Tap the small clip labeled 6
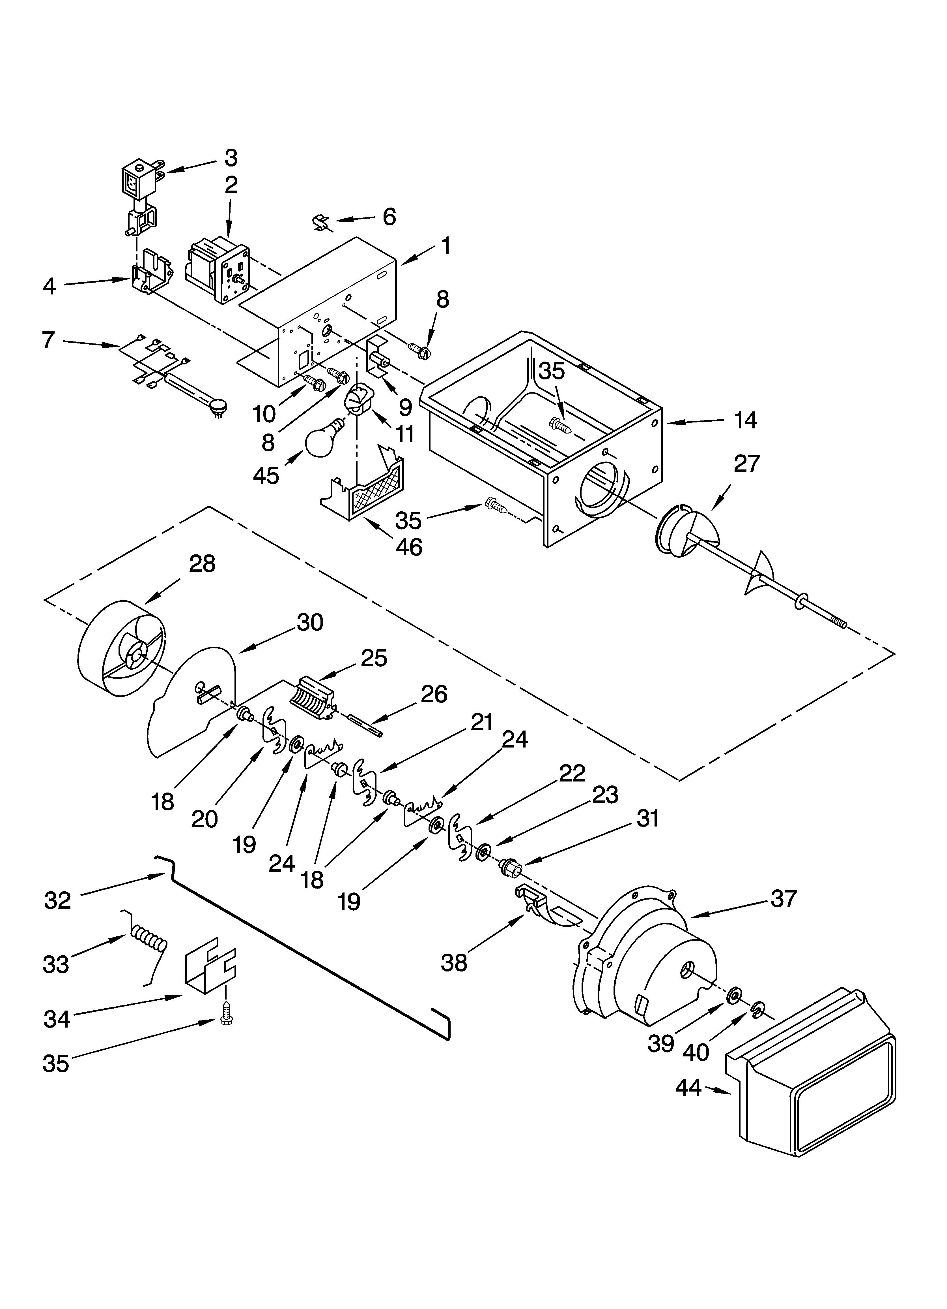pos(321,223)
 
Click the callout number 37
pos(783,899)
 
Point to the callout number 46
pos(409,546)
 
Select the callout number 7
pos(48,341)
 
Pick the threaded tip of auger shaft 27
pos(839,625)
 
